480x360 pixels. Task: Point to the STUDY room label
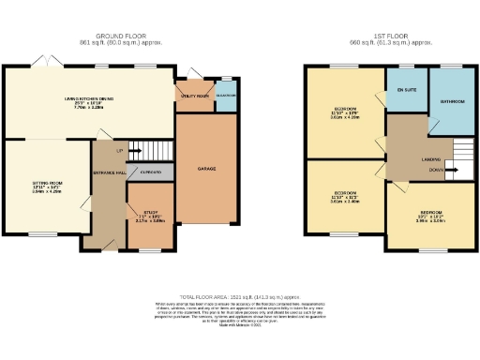(144, 214)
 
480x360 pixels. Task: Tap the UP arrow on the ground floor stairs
(118, 150)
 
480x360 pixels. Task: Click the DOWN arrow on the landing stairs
(437, 170)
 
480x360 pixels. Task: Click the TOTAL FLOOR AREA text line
(239, 294)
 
